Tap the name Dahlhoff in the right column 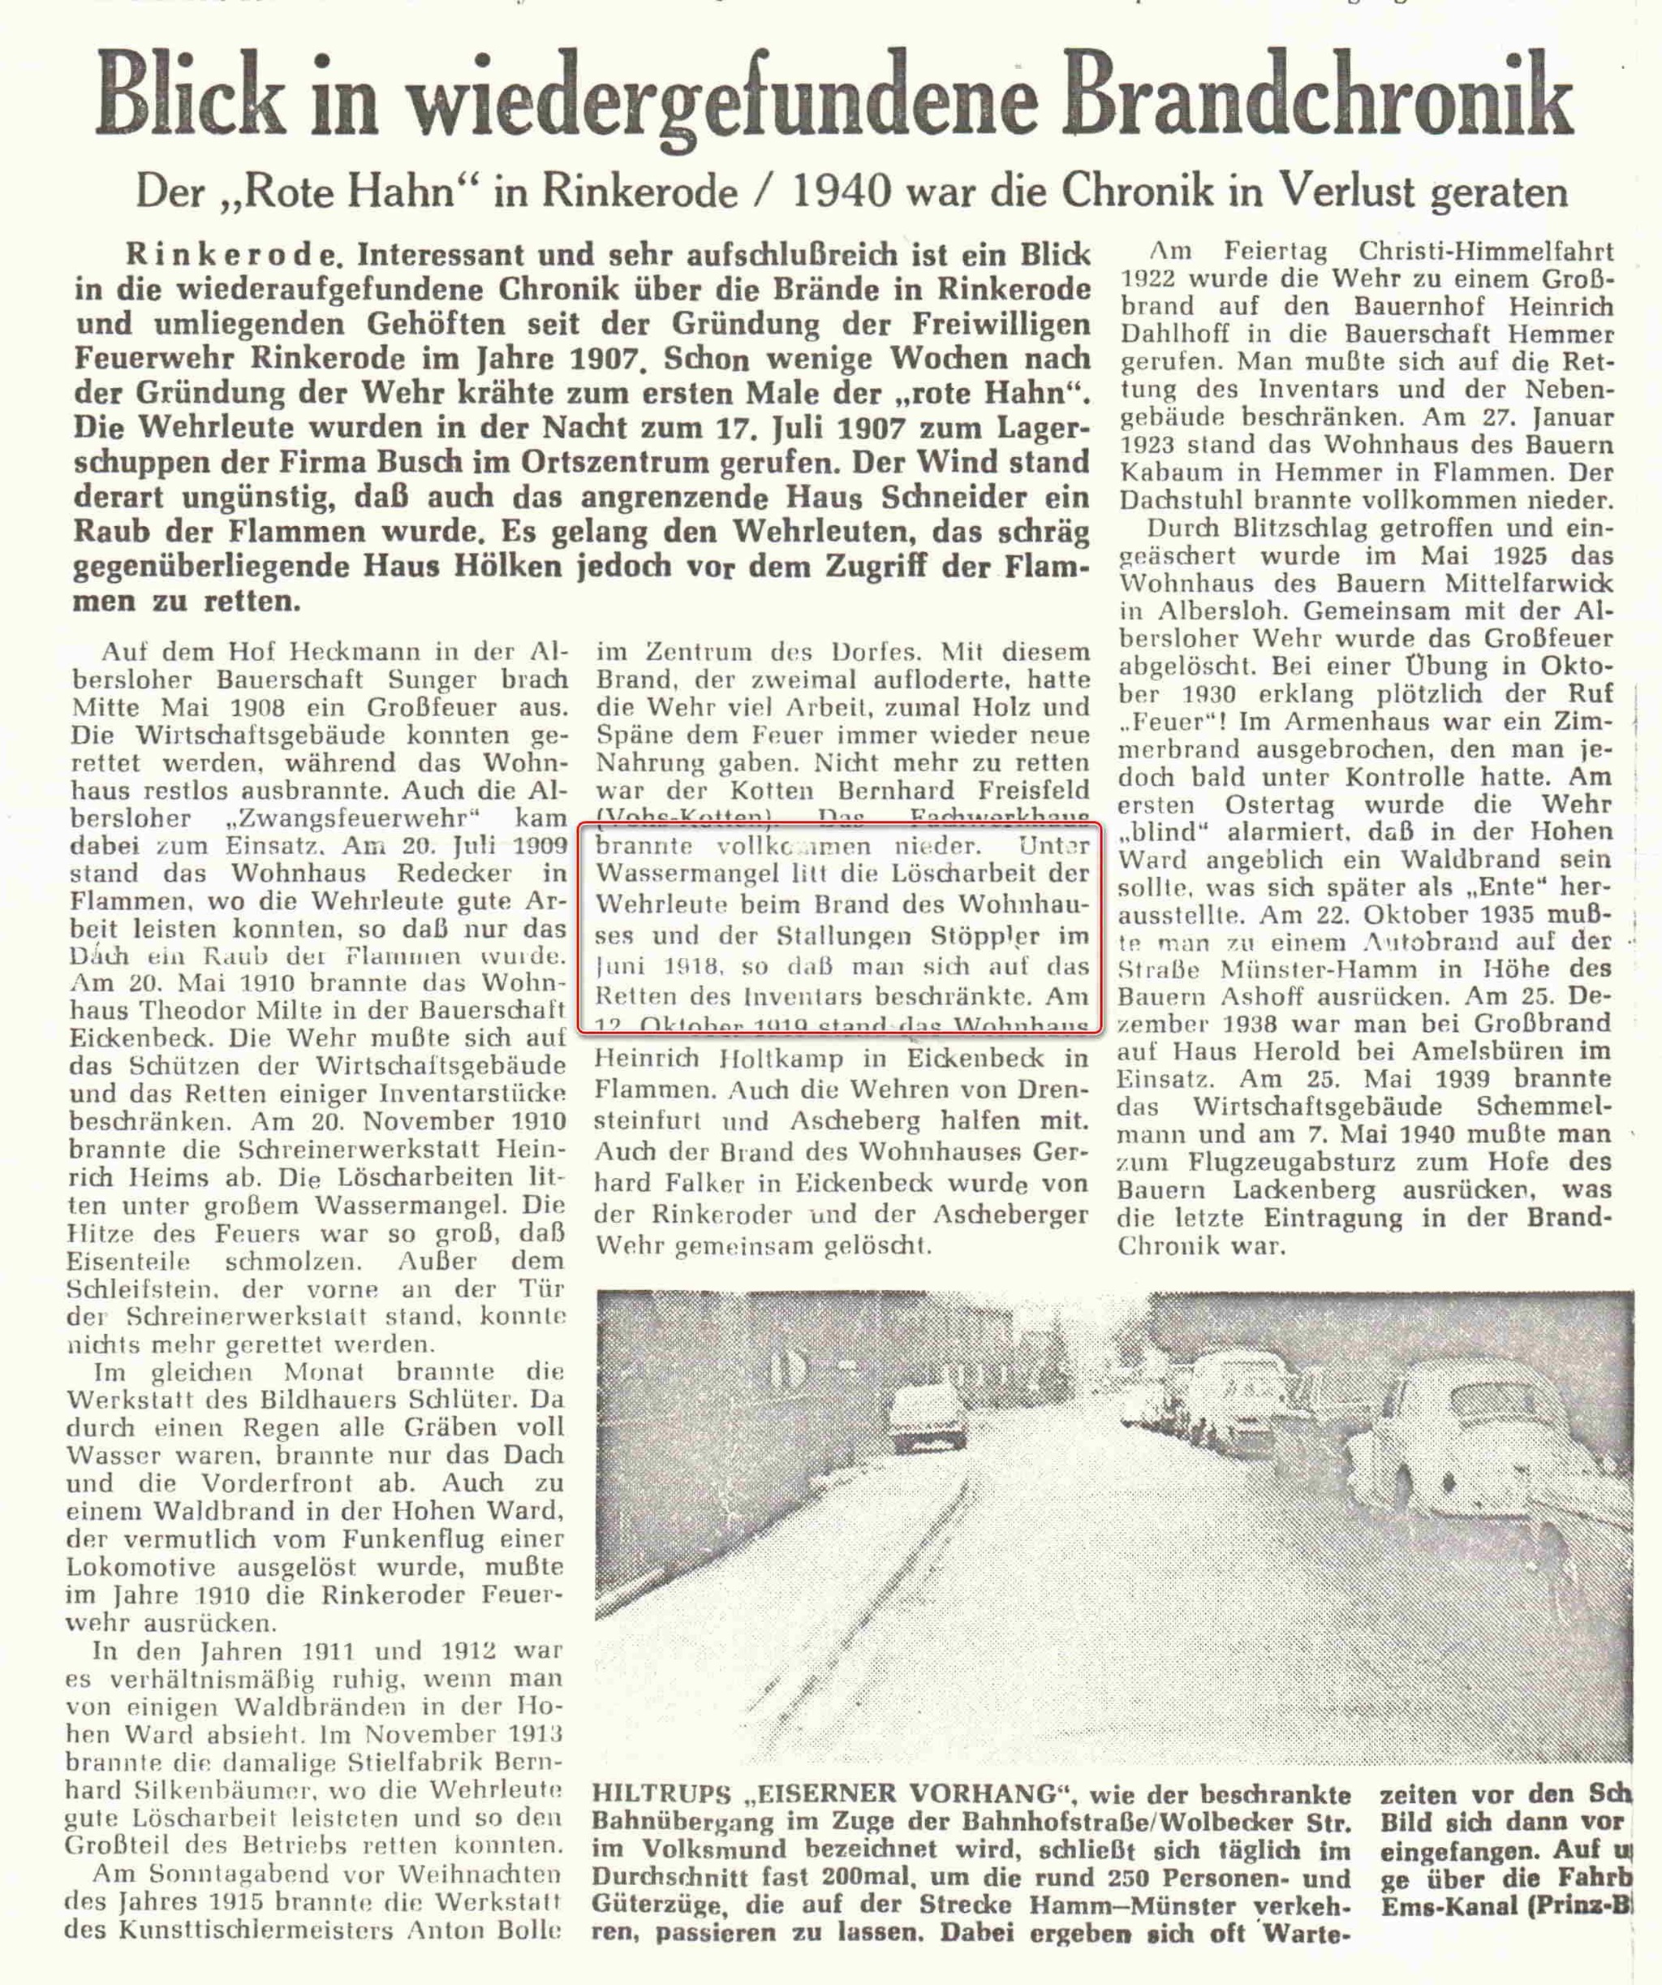[x=1172, y=334]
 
